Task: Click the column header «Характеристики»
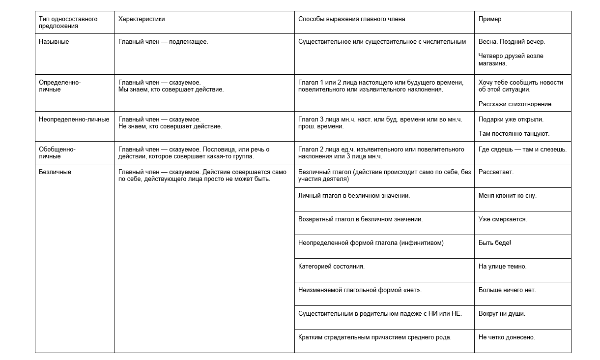pos(142,19)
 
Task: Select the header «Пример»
pos(490,19)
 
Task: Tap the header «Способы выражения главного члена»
pos(351,19)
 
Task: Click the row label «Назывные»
pos(54,42)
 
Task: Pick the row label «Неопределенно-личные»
pos(74,120)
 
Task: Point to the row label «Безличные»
pos(55,172)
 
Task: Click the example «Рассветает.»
pos(496,172)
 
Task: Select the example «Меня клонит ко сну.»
pos(507,196)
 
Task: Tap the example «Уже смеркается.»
pos(503,219)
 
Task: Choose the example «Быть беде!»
pos(494,243)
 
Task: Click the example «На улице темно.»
pos(502,267)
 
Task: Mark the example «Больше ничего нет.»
pos(507,290)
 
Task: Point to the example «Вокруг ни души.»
pos(502,314)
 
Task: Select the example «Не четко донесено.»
pos(507,337)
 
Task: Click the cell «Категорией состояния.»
pos(331,267)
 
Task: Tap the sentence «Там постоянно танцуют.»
pos(514,134)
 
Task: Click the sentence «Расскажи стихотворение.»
pos(515,104)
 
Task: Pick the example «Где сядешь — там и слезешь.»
pos(522,150)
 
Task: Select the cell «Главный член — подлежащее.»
pos(163,42)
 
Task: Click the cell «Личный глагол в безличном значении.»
pos(354,196)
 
